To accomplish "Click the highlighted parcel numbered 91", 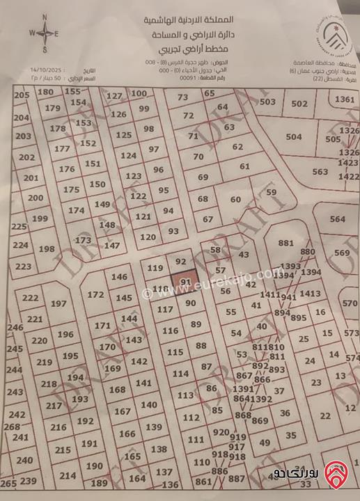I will (x=185, y=280).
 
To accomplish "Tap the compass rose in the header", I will (x=45, y=33).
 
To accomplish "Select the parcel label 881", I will (x=285, y=243).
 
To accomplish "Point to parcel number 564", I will (x=337, y=219).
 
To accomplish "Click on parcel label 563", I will (x=320, y=172).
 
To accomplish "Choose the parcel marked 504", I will (x=294, y=137).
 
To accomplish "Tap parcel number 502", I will (x=299, y=104).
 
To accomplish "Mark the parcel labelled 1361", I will (x=345, y=100).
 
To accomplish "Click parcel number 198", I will (x=47, y=248).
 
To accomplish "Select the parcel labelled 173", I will (x=83, y=240).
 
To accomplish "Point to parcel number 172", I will (x=96, y=295).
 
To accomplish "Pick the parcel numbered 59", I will (x=272, y=192).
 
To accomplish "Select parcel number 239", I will (x=29, y=481).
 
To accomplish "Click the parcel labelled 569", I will (x=342, y=253).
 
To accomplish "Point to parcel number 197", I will (x=58, y=303).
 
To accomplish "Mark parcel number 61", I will (x=244, y=166).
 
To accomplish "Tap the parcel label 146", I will (x=120, y=277).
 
